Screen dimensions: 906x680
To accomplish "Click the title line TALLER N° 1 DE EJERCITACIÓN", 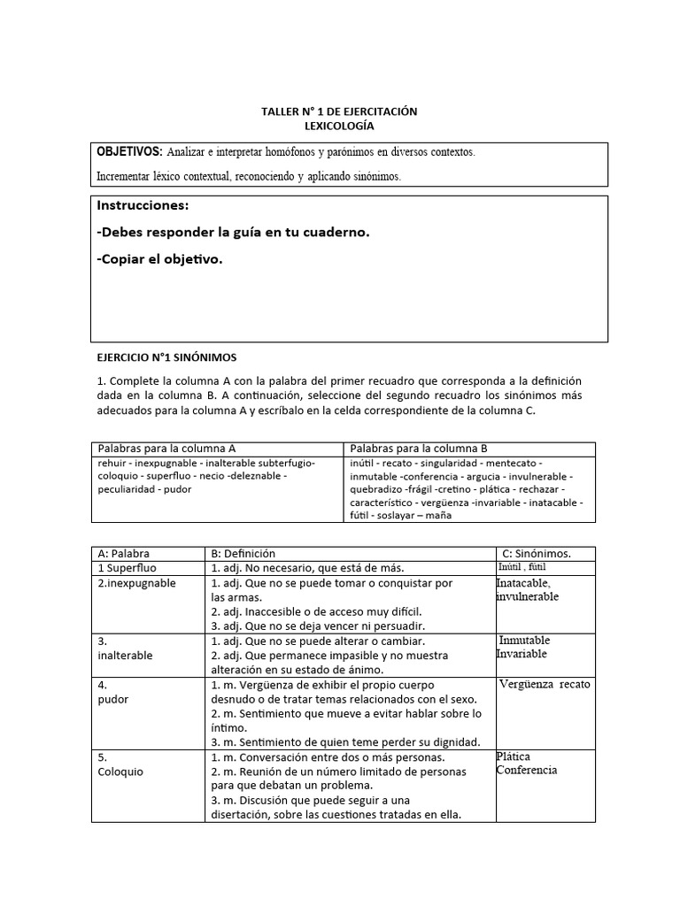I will [x=339, y=111].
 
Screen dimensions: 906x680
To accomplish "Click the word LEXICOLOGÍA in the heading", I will [x=339, y=127].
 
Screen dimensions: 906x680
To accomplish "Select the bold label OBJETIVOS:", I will [x=129, y=151].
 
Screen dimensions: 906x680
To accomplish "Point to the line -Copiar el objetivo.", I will [x=160, y=259].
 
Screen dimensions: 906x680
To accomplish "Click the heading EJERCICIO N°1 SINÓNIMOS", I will [x=166, y=357].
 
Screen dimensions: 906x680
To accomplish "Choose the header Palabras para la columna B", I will [x=419, y=449].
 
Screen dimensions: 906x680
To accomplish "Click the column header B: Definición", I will [x=243, y=553].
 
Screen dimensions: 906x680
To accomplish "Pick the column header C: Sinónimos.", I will [x=537, y=553].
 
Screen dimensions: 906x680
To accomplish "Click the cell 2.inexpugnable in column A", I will [x=137, y=583].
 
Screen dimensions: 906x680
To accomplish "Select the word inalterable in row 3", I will [x=125, y=656].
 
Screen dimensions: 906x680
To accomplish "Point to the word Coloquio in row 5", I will [x=120, y=772].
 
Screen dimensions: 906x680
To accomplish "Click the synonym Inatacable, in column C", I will [x=523, y=583].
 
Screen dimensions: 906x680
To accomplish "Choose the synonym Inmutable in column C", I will [x=524, y=640].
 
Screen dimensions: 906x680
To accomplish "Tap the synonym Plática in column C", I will [x=514, y=756].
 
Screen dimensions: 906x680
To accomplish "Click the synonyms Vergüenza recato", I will [x=545, y=684].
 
